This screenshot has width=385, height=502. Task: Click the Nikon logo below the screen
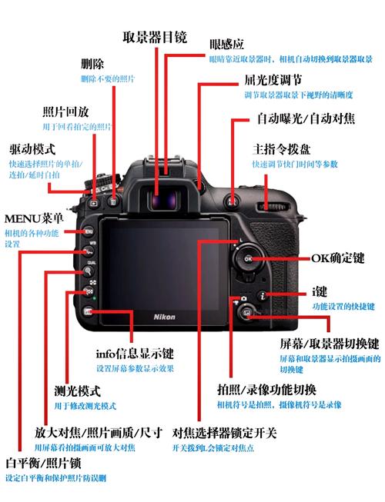(165, 317)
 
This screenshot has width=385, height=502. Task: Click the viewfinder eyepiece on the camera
(162, 200)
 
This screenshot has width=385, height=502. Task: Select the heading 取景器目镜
(155, 38)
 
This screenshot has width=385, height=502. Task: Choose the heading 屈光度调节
(273, 79)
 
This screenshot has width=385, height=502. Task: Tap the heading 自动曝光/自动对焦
(306, 119)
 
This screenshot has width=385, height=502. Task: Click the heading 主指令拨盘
(284, 148)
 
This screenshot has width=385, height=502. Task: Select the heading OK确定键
(337, 258)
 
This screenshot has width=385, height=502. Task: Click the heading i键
(320, 292)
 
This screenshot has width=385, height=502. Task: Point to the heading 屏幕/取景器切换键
(329, 344)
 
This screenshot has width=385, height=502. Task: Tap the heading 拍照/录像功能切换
(267, 389)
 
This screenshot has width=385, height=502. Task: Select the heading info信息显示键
(134, 354)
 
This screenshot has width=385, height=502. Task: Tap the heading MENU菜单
(33, 218)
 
